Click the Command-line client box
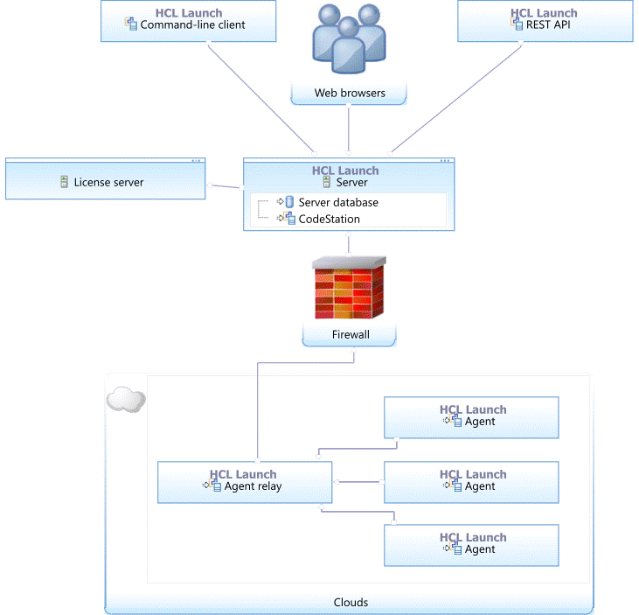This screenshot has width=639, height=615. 188,21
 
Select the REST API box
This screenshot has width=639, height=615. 544,21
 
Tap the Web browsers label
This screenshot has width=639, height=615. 350,93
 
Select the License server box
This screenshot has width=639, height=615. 105,181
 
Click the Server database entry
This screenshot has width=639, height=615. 337,202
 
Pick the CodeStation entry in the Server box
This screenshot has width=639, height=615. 329,219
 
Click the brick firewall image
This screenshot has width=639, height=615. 350,288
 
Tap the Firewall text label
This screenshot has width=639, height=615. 350,334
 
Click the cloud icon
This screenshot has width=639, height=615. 125,399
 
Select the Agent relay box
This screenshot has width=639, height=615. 245,481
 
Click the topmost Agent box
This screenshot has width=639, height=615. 471,416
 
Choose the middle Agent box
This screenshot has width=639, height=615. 471,481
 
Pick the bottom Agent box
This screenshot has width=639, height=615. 471,544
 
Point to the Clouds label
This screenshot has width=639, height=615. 351,602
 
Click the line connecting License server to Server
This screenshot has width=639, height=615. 226,185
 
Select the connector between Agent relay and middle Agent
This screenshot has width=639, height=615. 358,481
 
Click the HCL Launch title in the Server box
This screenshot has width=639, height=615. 345,171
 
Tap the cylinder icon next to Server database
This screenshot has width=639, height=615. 289,202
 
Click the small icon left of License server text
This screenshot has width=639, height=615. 64,182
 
